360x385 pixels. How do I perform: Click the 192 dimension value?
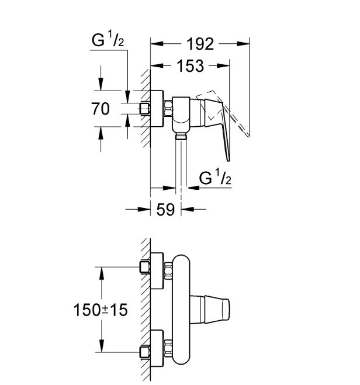tap(200, 44)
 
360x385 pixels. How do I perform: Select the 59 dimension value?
tap(166, 210)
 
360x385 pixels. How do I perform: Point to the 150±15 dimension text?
tap(101, 310)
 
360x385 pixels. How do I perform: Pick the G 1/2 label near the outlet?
tap(215, 178)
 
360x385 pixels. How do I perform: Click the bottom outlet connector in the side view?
tap(181, 137)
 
